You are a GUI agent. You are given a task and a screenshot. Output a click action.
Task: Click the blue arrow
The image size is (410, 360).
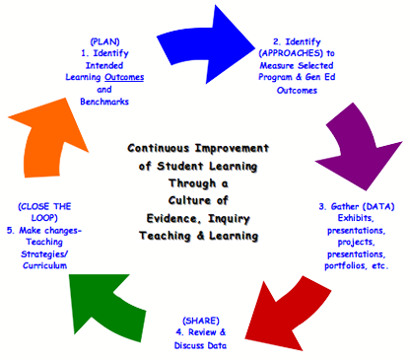(207, 46)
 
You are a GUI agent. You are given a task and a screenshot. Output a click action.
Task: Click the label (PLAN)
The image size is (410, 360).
(104, 41)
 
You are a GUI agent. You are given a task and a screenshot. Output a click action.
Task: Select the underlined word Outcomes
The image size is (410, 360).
(124, 77)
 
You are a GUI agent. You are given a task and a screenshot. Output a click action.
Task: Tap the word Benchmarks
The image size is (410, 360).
(104, 102)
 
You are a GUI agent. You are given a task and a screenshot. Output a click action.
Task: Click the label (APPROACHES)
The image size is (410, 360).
(291, 53)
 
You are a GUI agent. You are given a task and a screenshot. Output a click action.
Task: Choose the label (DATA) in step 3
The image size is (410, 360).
(378, 206)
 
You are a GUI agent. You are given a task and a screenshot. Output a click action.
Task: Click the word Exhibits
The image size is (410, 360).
(356, 218)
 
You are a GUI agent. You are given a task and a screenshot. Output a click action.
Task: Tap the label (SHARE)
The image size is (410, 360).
(201, 321)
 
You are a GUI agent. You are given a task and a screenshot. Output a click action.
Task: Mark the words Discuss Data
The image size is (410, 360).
(200, 345)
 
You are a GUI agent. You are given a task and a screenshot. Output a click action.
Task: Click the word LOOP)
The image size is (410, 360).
(44, 218)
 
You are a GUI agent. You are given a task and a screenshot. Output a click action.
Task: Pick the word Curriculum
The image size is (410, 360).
(44, 265)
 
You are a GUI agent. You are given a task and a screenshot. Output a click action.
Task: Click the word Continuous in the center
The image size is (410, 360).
(159, 148)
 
